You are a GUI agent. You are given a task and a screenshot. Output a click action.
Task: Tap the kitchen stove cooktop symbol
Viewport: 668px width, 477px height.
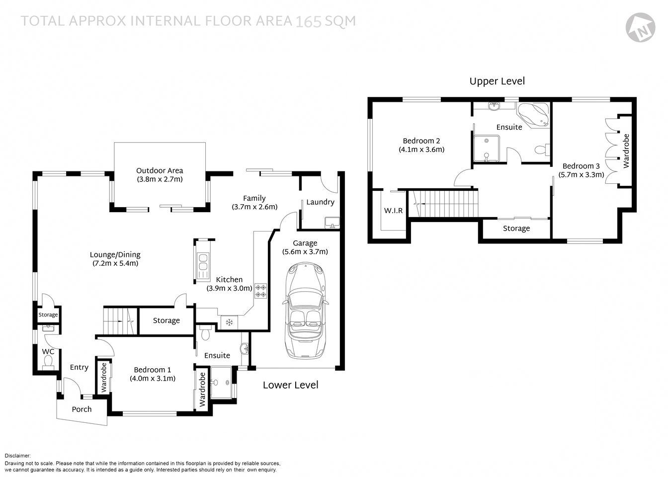pos(261,290)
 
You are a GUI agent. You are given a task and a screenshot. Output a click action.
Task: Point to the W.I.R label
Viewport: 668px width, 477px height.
pos(393,211)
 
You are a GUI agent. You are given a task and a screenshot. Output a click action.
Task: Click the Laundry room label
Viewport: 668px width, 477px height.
pos(320,202)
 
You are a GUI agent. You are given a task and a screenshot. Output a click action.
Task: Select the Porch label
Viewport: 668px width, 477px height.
pos(82,409)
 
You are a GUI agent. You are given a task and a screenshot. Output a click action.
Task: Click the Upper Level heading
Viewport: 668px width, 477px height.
pos(497,81)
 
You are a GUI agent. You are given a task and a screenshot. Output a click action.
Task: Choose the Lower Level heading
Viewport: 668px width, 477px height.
pos(290,385)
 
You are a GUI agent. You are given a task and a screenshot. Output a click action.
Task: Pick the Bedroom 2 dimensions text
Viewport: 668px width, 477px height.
pos(421,149)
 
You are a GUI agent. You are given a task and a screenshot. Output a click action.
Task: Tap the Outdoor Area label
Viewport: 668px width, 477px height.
pos(160,170)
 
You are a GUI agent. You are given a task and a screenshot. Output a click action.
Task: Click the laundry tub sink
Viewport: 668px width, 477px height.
pos(332,222)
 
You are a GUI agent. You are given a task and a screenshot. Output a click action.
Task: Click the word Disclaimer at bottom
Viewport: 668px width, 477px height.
pos(17,455)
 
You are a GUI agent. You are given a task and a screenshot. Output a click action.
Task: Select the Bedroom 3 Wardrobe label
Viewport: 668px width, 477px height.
pos(626,151)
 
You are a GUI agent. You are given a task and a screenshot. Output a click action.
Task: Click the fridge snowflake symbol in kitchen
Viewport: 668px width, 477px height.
pos(229,322)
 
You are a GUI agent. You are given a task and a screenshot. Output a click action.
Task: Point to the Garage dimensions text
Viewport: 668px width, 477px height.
pos(305,252)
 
